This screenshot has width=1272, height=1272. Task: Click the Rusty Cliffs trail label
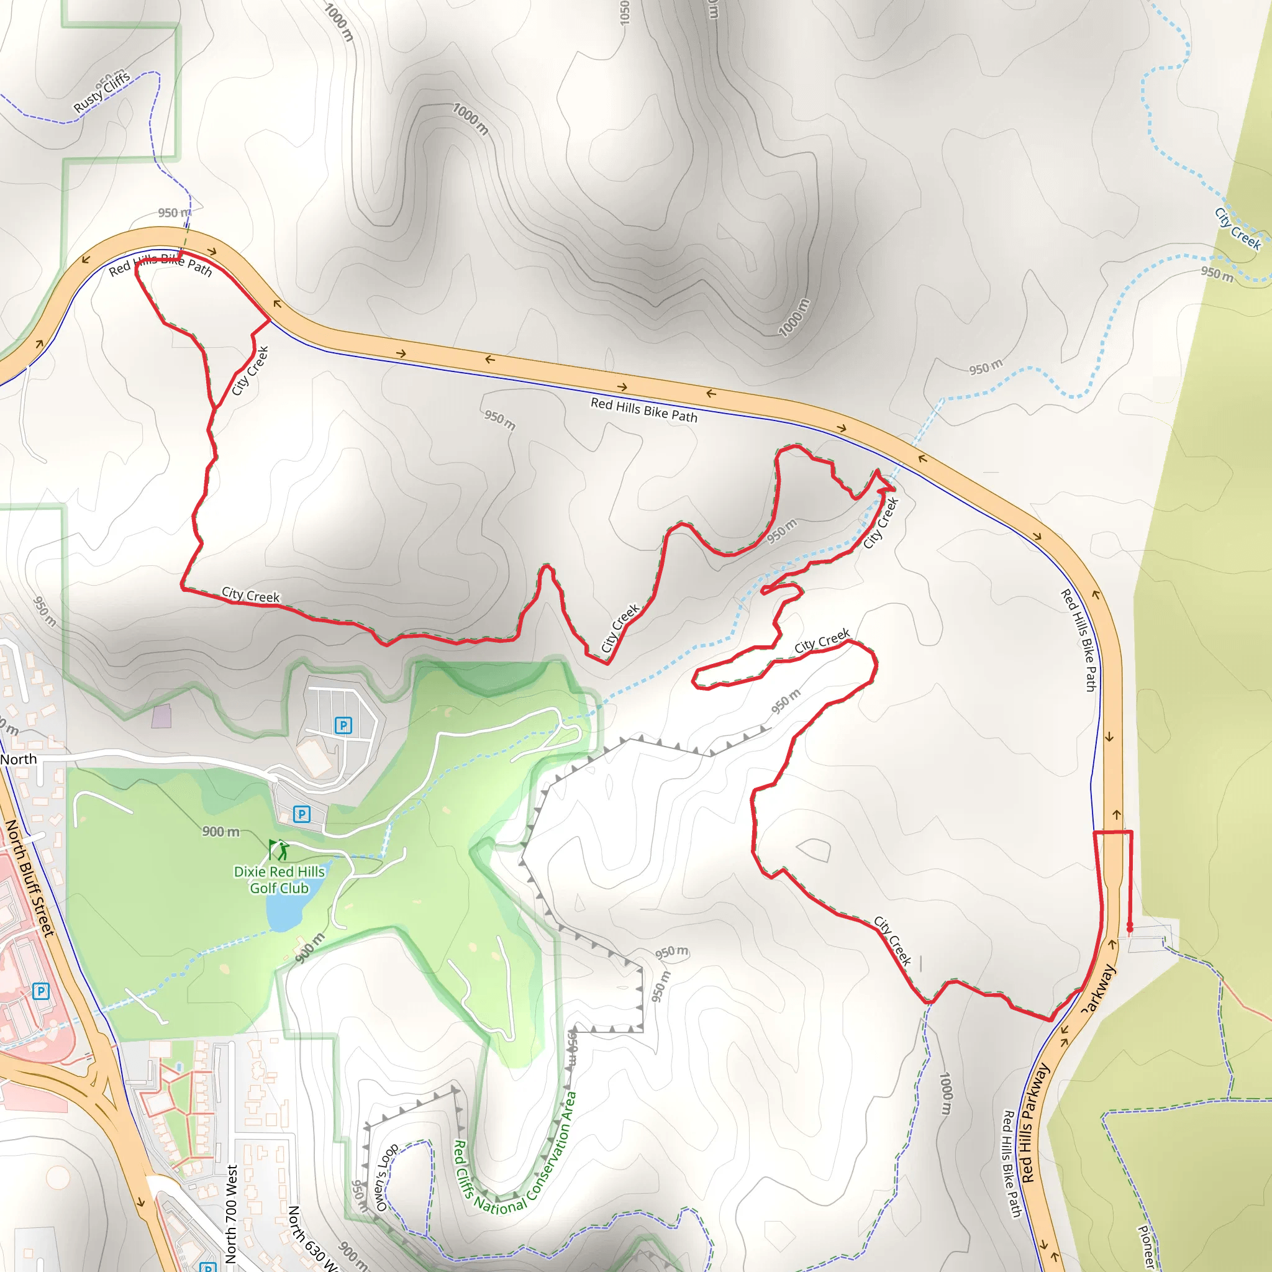coord(102,91)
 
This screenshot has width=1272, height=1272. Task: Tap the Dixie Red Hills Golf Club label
coord(279,879)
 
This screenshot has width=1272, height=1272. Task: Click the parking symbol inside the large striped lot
coord(343,725)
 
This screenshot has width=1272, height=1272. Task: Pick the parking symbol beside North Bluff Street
coord(41,991)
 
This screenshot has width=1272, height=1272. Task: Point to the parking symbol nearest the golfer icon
coord(301,814)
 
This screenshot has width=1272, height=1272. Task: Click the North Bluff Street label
coord(29,878)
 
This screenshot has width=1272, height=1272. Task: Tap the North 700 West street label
coord(231,1214)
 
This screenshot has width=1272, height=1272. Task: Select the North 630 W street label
coord(311,1238)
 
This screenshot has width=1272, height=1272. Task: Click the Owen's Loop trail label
coord(386,1176)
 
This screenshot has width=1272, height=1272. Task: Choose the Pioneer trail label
coord(1147,1247)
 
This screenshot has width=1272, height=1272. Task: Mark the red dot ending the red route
coord(1130,927)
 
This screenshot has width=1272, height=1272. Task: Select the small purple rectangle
coord(161,715)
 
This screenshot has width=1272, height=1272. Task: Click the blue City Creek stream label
coord(1238,229)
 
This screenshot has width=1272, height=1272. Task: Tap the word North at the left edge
coord(19,759)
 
